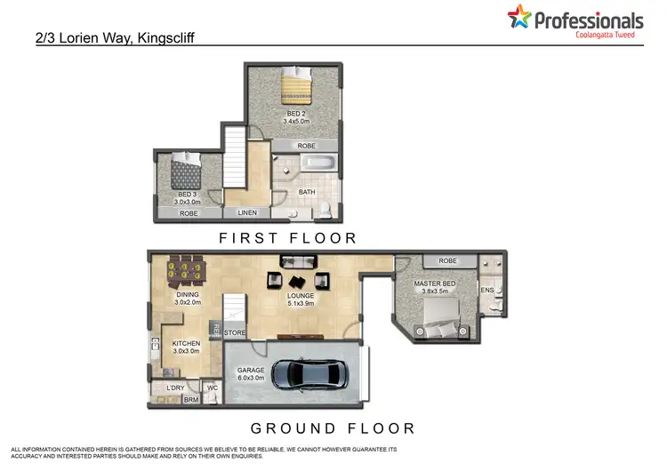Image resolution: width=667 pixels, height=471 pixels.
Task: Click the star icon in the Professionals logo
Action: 519,15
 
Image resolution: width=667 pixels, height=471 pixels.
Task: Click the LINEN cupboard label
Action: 247,213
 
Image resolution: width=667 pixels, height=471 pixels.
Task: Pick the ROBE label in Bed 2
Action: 306,146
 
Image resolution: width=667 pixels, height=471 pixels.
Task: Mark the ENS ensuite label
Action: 486,290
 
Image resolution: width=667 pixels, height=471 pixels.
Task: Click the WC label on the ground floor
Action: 213,387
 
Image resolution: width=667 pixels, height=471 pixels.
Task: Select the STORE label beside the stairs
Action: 235,333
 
